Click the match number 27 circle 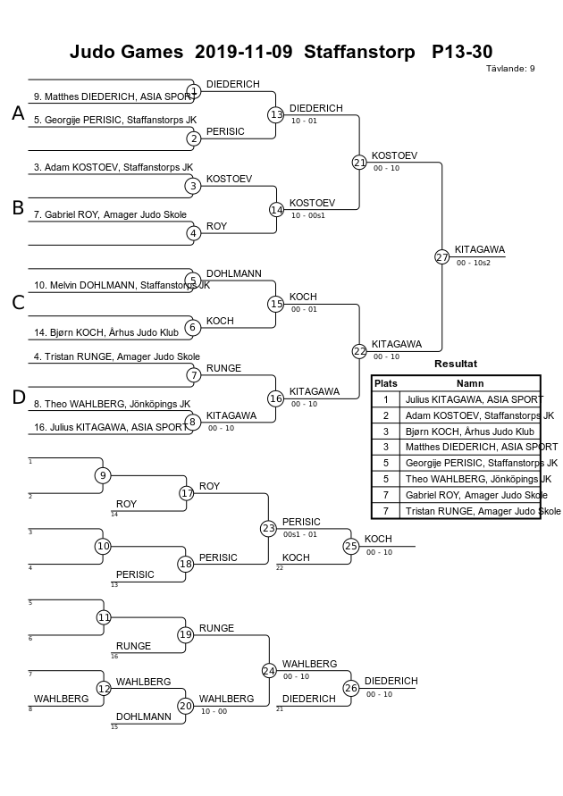tap(441, 257)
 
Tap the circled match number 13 tap(275, 115)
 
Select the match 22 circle tap(359, 351)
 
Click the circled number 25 tap(351, 546)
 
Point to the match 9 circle tap(103, 475)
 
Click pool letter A tap(18, 113)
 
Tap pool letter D tap(18, 397)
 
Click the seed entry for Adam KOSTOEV tap(113, 168)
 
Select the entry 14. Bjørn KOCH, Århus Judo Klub tap(106, 333)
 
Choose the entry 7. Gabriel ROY tap(110, 214)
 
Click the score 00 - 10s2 tap(473, 263)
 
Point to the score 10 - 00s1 tap(307, 215)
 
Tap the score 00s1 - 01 tap(300, 534)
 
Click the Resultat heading tap(456, 364)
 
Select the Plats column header tap(386, 383)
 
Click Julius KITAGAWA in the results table tap(475, 399)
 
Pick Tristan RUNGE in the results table tap(483, 511)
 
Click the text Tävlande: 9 tap(510, 69)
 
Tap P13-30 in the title tap(462, 52)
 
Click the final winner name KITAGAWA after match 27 tap(480, 250)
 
